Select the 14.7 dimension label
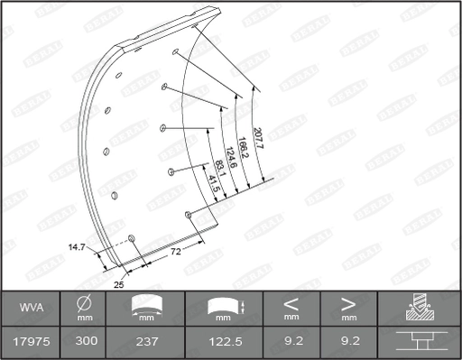click(76, 245)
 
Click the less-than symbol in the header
click(291, 303)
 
